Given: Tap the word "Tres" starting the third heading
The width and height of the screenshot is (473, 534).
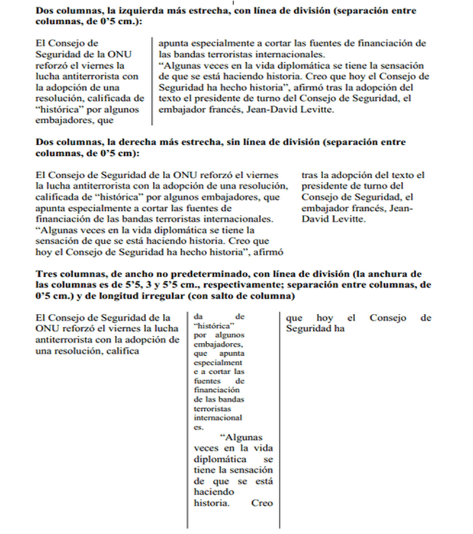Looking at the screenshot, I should point(46,274).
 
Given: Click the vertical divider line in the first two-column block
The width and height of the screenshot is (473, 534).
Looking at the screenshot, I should point(152,82).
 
